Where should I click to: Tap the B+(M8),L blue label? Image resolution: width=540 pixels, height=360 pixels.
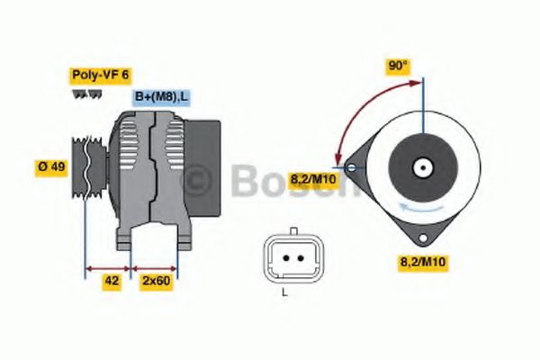(x=161, y=96)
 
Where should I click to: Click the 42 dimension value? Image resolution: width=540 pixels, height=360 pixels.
(x=112, y=280)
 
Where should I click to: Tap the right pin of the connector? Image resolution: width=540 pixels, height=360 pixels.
(x=293, y=258)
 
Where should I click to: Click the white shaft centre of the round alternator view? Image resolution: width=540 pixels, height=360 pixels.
(x=421, y=166)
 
